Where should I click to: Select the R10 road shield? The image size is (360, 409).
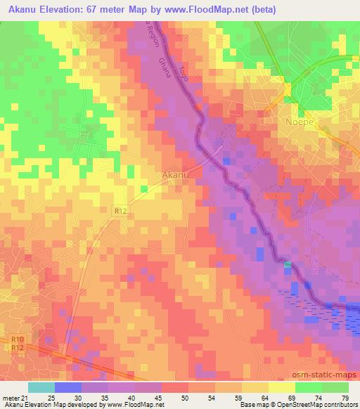[x=18, y=339]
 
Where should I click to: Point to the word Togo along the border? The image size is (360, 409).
[x=185, y=70]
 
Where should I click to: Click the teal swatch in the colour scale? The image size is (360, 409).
[x=41, y=387]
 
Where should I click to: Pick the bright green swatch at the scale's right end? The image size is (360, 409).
[x=335, y=387]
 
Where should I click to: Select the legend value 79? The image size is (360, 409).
[x=344, y=397]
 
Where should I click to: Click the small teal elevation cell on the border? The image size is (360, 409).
[x=287, y=264]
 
